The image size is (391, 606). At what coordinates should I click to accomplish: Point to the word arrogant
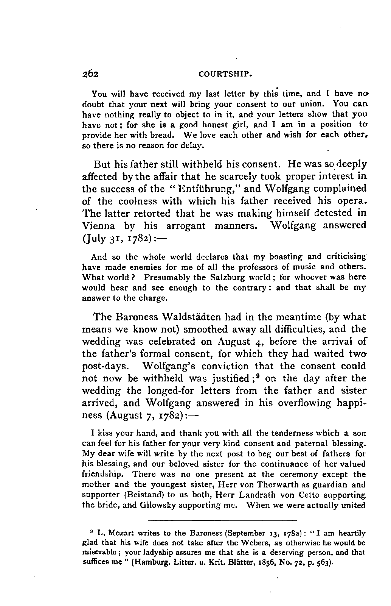(186, 226)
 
